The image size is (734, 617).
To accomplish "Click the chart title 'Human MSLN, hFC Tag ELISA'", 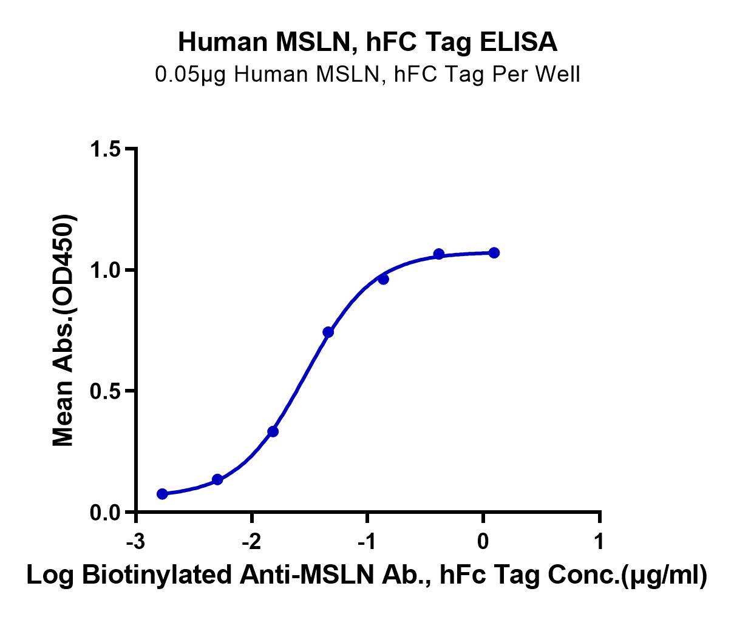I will [x=367, y=42].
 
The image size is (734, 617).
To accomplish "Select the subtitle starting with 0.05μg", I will [x=367, y=74].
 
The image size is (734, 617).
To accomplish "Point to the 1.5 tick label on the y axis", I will [x=106, y=149].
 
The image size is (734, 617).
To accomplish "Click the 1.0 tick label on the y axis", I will [x=106, y=270].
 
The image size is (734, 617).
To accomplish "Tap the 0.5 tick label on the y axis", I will [x=106, y=391].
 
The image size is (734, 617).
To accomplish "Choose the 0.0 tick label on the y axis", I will [x=106, y=513].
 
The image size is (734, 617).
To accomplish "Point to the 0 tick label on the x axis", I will [x=483, y=541].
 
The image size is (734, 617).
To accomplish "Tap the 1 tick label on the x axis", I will [x=599, y=541].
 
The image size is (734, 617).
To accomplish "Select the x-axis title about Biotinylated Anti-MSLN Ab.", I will [x=367, y=575].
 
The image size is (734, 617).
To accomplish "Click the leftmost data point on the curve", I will [x=162, y=494].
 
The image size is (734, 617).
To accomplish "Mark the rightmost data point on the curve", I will [x=494, y=252].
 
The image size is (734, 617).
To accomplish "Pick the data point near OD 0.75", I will [x=328, y=332].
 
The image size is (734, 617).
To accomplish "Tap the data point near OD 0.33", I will [x=273, y=431].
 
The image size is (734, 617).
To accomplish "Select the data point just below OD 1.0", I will [x=383, y=279].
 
